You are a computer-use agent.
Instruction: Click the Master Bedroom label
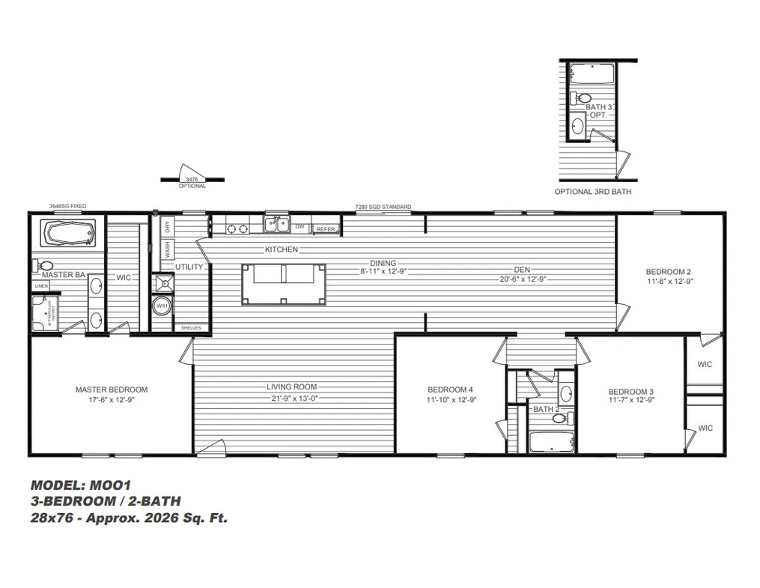tap(112, 390)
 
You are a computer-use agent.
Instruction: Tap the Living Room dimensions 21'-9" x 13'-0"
tap(293, 398)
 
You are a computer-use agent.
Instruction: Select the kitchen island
tap(283, 284)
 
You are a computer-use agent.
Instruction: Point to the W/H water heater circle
tap(162, 306)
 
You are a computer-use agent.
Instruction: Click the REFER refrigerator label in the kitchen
tap(326, 229)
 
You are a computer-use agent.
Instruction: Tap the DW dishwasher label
tap(300, 225)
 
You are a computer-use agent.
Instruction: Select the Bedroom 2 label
tap(668, 272)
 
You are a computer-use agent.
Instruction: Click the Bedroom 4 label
tap(450, 390)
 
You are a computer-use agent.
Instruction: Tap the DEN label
tap(522, 270)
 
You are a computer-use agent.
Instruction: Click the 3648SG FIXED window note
tap(67, 205)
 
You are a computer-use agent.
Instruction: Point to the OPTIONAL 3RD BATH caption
tap(592, 192)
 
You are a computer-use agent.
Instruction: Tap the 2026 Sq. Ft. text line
tap(129, 518)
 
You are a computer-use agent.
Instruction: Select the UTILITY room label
tap(189, 267)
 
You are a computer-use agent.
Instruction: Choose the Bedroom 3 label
tap(630, 392)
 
